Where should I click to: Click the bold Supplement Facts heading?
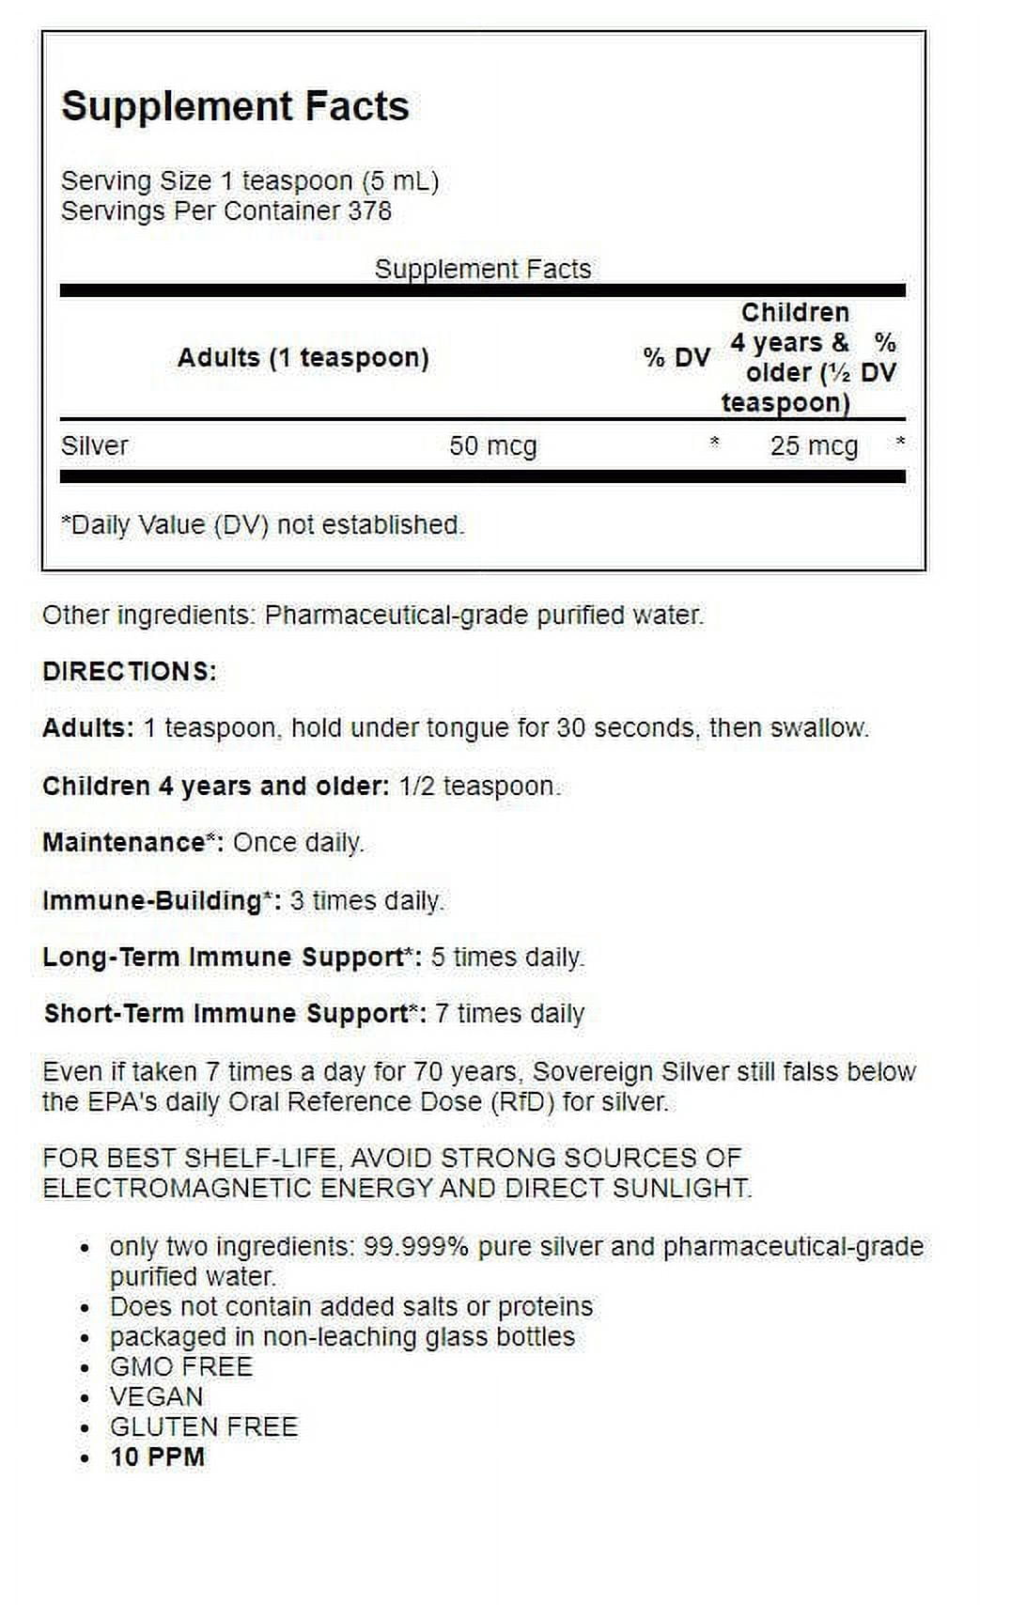coord(235,106)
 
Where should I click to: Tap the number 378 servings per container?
coord(369,210)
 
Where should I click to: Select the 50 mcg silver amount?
coord(492,445)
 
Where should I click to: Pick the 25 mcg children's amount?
coord(814,445)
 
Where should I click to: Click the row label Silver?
coord(94,445)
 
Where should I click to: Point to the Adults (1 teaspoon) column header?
coord(303,358)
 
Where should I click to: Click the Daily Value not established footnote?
coord(262,524)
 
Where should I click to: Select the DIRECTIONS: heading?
coord(130,672)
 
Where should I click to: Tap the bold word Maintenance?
coord(123,842)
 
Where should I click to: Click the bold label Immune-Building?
coord(151,900)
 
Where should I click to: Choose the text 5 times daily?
coord(507,957)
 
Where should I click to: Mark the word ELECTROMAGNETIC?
coord(178,1188)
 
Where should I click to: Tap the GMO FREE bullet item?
coord(181,1366)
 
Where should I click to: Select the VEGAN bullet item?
coord(156,1396)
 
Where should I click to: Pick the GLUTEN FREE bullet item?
coord(204,1426)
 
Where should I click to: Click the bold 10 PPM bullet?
coord(157,1457)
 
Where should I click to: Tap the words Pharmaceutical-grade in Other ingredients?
coord(396,616)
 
